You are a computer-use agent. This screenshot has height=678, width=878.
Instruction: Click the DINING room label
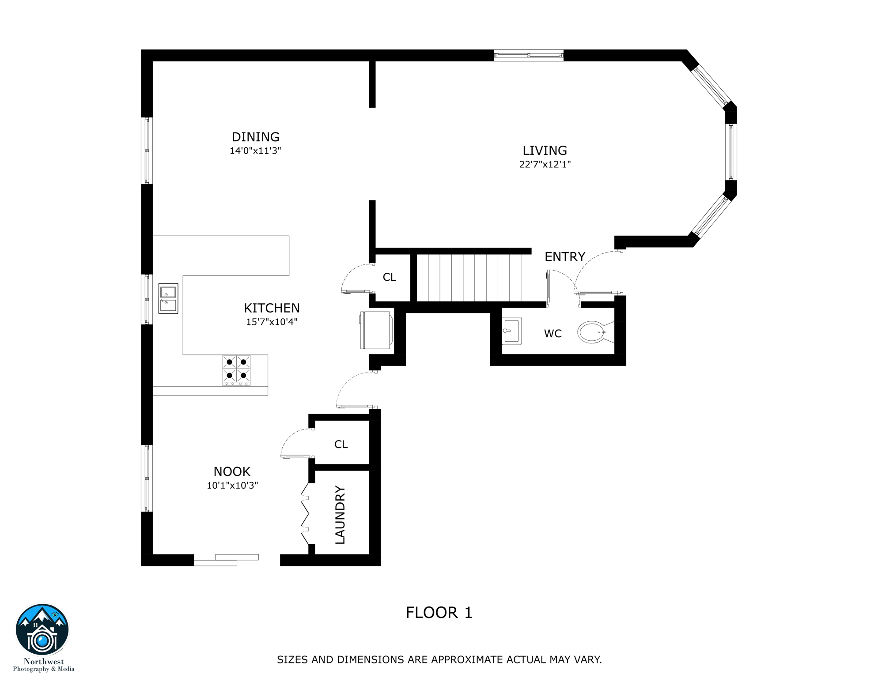pos(255,137)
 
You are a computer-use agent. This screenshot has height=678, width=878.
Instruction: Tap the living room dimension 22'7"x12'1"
pos(545,164)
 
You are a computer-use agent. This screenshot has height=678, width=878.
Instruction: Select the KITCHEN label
pos(272,308)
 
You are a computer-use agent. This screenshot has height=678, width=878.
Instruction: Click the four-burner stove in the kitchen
pos(236,369)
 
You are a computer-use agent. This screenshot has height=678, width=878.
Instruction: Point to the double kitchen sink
pos(168,298)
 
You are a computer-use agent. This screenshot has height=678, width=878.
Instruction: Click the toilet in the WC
pos(593,332)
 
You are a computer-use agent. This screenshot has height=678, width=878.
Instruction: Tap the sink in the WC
pos(512,331)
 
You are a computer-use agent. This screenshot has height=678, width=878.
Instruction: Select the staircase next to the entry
pos(469,278)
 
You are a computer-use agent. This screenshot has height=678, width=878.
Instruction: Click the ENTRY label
pos(564,256)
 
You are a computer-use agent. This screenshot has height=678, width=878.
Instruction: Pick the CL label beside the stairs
pos(389,277)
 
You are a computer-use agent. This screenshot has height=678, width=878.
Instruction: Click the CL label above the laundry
pos(341,444)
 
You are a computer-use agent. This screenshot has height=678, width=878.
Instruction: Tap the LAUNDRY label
pos(340,515)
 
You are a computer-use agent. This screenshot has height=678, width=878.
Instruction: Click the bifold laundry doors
pos(305,514)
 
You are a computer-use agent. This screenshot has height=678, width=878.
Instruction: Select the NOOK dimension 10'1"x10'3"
pos(232,485)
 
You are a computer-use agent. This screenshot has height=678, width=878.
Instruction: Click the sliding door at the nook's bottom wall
pos(226,560)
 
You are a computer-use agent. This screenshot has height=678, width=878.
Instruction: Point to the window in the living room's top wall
pos(528,56)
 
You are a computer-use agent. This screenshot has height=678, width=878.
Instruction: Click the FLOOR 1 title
pos(439,612)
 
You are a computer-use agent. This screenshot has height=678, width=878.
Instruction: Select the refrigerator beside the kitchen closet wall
pos(376,330)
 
